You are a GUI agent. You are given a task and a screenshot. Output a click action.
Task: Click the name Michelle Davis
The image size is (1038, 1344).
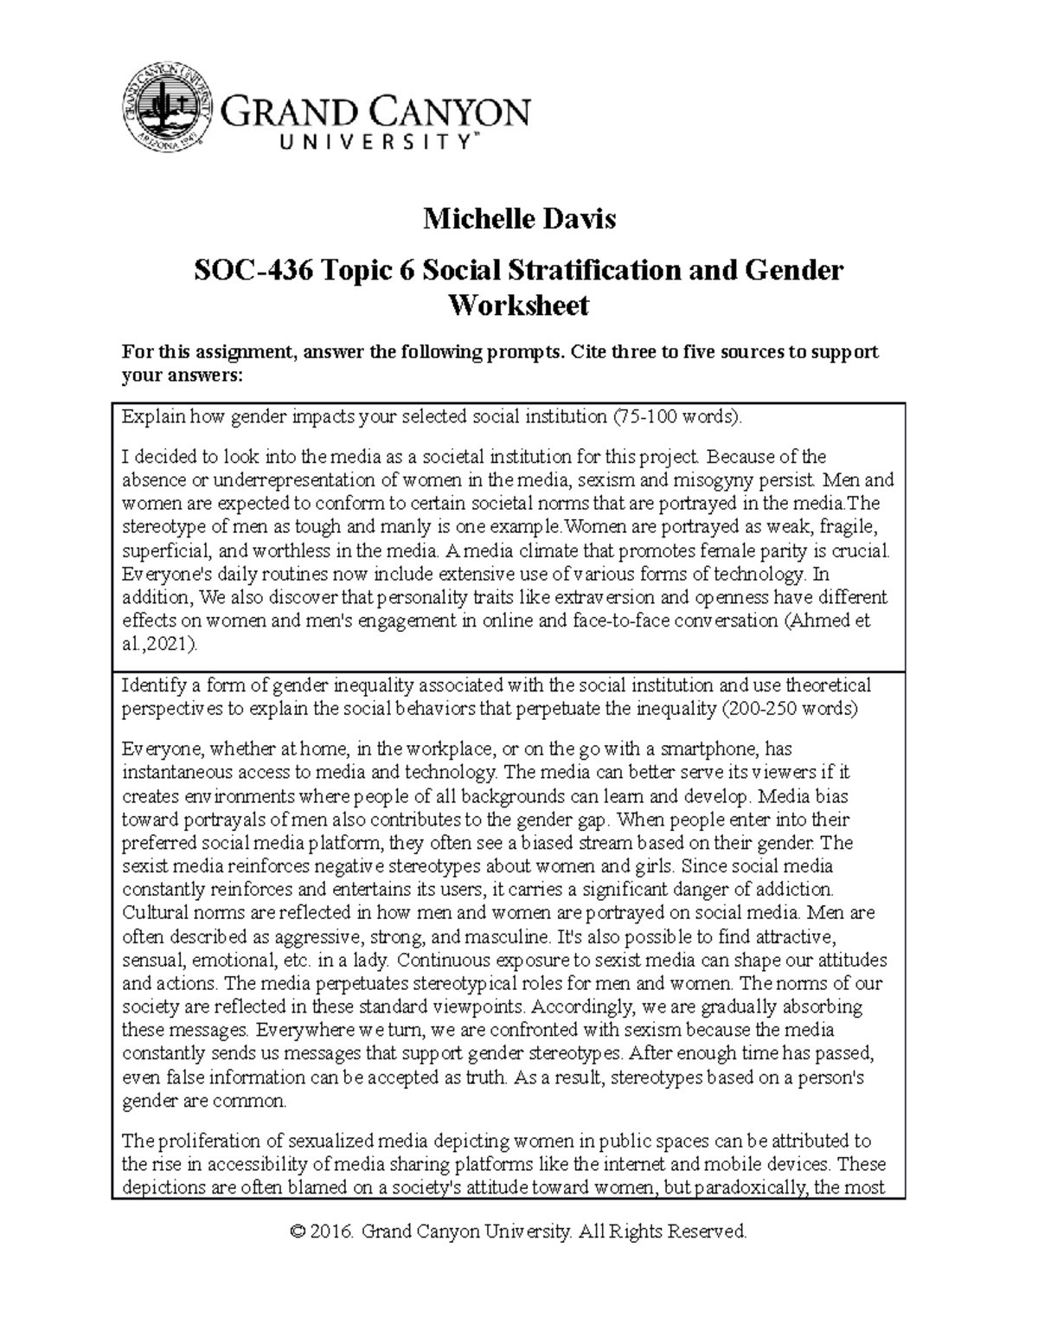pyautogui.click(x=519, y=219)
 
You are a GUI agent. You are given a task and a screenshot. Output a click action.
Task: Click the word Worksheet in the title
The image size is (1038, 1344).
pyautogui.click(x=518, y=305)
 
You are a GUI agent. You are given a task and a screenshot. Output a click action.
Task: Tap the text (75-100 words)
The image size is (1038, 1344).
pyautogui.click(x=677, y=416)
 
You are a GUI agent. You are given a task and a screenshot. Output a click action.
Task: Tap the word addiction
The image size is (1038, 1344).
pyautogui.click(x=795, y=889)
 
